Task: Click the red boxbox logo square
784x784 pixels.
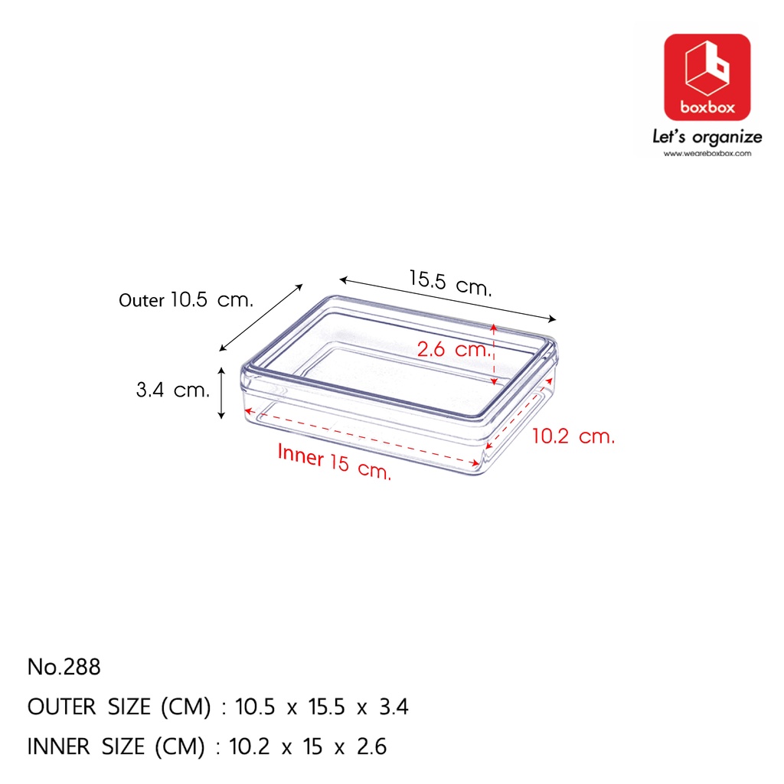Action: tap(707, 77)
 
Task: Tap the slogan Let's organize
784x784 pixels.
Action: tap(707, 136)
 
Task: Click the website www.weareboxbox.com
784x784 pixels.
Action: tap(707, 153)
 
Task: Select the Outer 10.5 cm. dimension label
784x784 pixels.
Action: tap(186, 299)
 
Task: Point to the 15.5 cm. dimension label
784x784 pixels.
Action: tap(450, 283)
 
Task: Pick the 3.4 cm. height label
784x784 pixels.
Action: tap(173, 390)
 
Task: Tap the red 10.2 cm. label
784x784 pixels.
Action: tap(573, 436)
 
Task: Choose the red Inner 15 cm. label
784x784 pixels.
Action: tap(334, 462)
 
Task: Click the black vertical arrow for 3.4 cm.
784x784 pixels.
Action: tap(221, 393)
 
